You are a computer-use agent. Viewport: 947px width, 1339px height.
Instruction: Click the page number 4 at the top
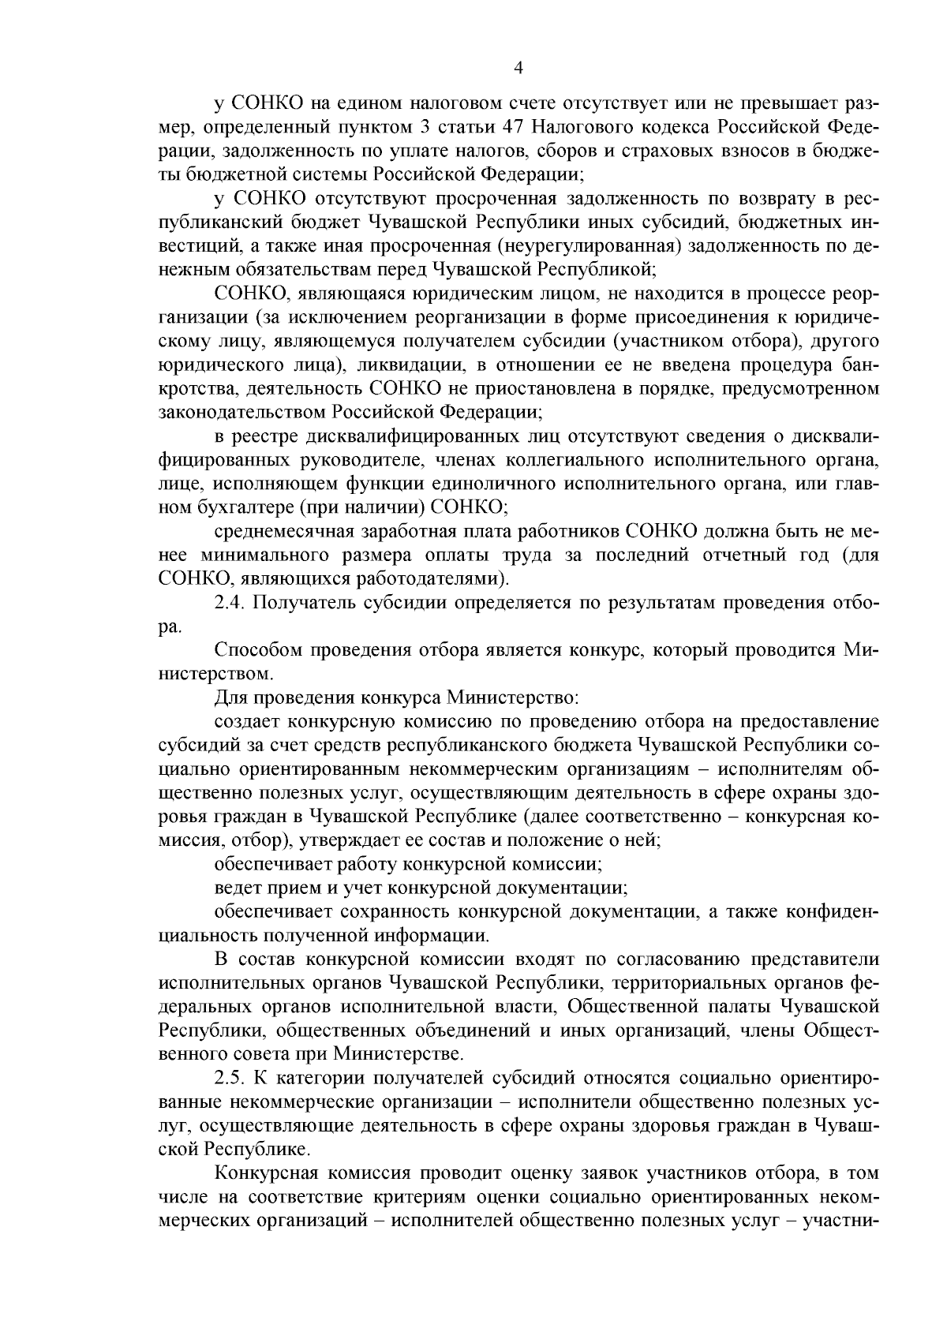coord(518,68)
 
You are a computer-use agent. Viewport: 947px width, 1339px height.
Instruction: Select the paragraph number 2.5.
coord(230,1078)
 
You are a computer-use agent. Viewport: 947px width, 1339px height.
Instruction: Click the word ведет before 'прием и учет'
coord(238,888)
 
